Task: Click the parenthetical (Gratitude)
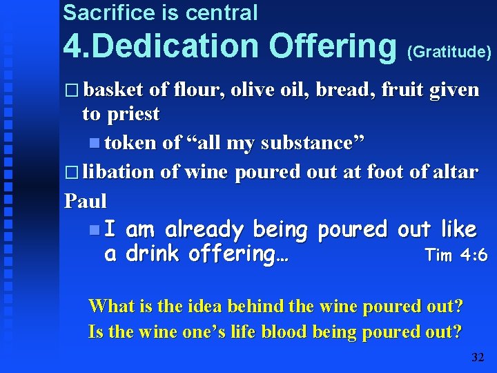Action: coord(450,51)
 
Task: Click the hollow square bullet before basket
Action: coord(72,90)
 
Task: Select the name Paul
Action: coord(86,201)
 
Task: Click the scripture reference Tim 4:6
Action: coord(456,255)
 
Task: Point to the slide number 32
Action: coord(478,356)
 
